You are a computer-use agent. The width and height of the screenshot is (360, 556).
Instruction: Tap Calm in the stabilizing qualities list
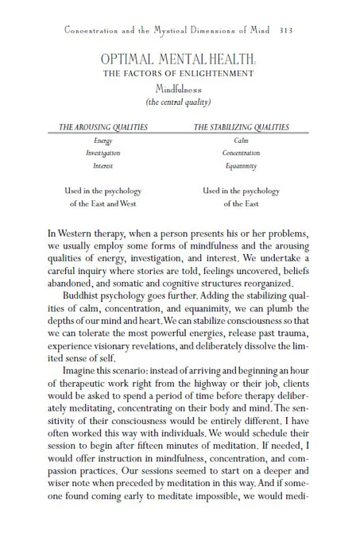[242, 141]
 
